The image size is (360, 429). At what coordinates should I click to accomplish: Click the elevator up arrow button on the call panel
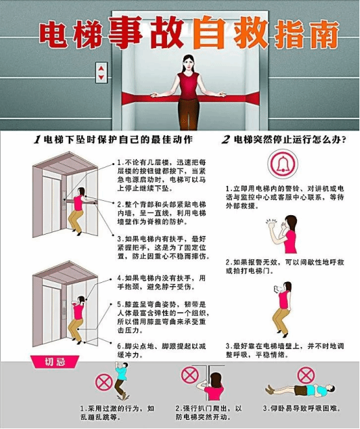tap(101, 68)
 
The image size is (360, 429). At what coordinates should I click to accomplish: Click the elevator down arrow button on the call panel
tap(101, 77)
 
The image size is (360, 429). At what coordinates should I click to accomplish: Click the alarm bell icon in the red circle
tap(283, 164)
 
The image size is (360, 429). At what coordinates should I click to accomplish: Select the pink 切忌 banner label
tap(55, 362)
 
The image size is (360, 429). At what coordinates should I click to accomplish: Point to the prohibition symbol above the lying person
tap(306, 375)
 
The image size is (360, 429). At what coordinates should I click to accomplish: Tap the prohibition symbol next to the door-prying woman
tap(190, 375)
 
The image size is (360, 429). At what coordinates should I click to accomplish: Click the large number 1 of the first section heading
tap(37, 140)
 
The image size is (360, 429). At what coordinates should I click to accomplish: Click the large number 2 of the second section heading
tap(225, 140)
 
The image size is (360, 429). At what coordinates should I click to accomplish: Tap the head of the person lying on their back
tap(331, 389)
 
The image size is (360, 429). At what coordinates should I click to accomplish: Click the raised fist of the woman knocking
tap(272, 225)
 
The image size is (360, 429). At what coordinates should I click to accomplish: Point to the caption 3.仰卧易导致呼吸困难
tap(302, 409)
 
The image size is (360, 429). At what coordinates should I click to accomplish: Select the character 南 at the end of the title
tap(324, 34)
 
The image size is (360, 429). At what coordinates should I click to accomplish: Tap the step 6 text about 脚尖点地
tap(161, 351)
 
